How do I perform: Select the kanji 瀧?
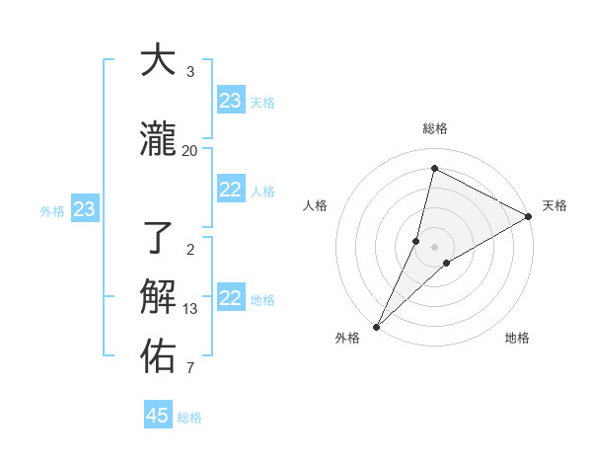(158, 140)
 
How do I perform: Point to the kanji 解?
(158, 296)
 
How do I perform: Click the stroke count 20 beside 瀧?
(189, 151)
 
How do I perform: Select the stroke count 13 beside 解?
(189, 308)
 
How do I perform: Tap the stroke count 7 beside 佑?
(189, 369)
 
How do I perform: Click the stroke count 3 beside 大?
(189, 72)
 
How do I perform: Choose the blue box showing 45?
(158, 416)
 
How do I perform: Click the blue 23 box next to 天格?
(230, 101)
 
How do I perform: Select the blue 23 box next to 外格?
(84, 209)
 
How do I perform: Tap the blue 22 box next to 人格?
(230, 190)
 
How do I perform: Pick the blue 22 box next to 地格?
(230, 298)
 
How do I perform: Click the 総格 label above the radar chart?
(434, 128)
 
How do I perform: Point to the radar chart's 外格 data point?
(376, 326)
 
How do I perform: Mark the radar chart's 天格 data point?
(529, 217)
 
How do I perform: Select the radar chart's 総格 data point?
(434, 169)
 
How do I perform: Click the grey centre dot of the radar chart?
(434, 246)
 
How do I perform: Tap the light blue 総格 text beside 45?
(189, 418)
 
